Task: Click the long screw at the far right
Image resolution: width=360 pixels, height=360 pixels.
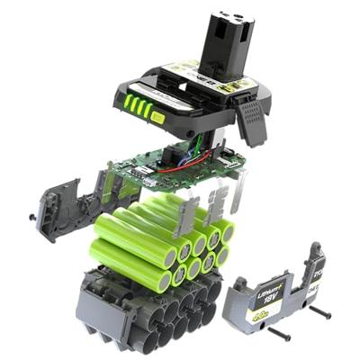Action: tap(319, 314)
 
